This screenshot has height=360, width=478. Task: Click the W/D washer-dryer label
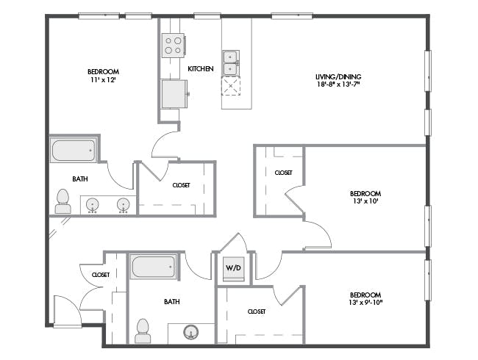pyautogui.click(x=233, y=268)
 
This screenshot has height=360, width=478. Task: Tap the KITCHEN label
pyautogui.click(x=201, y=69)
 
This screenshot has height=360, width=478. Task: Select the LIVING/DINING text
pyautogui.click(x=338, y=76)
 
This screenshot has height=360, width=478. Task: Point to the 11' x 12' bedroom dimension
pyautogui.click(x=103, y=80)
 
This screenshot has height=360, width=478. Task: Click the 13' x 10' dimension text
pyautogui.click(x=365, y=201)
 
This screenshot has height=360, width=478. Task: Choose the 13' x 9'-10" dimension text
pyautogui.click(x=365, y=303)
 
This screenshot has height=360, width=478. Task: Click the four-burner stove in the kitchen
pyautogui.click(x=173, y=45)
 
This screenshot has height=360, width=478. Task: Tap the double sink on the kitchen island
pyautogui.click(x=231, y=63)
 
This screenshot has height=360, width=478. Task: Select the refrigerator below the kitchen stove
pyautogui.click(x=174, y=94)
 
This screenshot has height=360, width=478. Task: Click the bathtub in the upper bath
pyautogui.click(x=74, y=151)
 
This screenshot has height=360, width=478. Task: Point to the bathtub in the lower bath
pyautogui.click(x=154, y=267)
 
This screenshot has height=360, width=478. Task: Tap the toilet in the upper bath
pyautogui.click(x=63, y=201)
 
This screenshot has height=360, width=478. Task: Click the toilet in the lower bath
pyautogui.click(x=143, y=331)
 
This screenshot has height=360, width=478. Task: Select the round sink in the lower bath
pyautogui.click(x=191, y=332)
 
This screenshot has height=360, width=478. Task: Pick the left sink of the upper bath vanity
pyautogui.click(x=92, y=205)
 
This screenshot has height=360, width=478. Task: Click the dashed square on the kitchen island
pyautogui.click(x=231, y=86)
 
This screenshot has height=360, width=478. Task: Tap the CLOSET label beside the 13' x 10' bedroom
pyautogui.click(x=284, y=173)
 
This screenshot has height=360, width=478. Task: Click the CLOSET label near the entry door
pyautogui.click(x=101, y=275)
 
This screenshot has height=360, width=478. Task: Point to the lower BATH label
pyautogui.click(x=172, y=301)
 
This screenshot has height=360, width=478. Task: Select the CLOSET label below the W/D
pyautogui.click(x=257, y=312)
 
